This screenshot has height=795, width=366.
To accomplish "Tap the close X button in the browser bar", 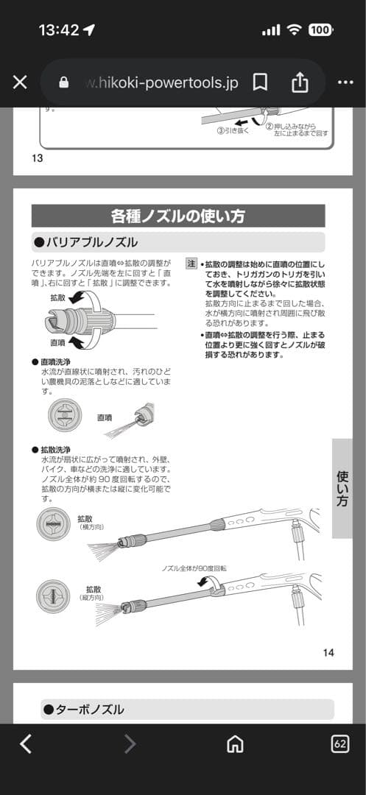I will pyautogui.click(x=20, y=82).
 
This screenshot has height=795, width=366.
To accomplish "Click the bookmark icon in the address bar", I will pyautogui.click(x=260, y=82).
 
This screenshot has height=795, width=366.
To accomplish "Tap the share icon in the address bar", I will pyautogui.click(x=300, y=82).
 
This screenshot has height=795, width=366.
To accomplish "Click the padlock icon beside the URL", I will pyautogui.click(x=63, y=82).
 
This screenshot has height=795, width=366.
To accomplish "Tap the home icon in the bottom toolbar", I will pyautogui.click(x=235, y=744).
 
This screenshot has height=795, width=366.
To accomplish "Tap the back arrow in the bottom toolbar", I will pyautogui.click(x=26, y=744).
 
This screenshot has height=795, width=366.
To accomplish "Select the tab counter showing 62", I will pyautogui.click(x=340, y=743).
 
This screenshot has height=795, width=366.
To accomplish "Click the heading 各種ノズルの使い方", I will pyautogui.click(x=177, y=216).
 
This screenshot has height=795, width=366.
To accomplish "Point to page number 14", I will pyautogui.click(x=328, y=652).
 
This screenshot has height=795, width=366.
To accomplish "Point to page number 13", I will pyautogui.click(x=38, y=158).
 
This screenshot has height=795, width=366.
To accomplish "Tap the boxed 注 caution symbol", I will pyautogui.click(x=191, y=263).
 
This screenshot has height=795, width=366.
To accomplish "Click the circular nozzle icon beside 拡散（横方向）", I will pyautogui.click(x=54, y=525).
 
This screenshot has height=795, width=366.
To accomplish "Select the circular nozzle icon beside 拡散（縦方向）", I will pyautogui.click(x=54, y=596).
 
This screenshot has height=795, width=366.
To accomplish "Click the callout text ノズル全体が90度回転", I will pyautogui.click(x=194, y=569).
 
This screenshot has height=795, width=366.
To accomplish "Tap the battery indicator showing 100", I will pyautogui.click(x=320, y=30).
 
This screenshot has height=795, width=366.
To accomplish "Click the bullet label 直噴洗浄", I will pyautogui.click(x=55, y=362).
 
